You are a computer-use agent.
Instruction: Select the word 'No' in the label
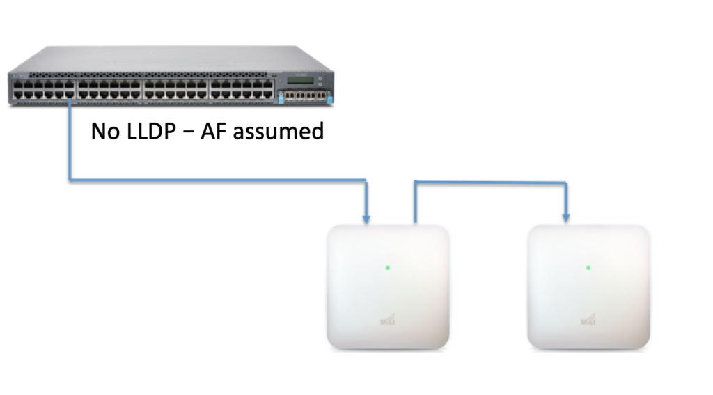click(105, 130)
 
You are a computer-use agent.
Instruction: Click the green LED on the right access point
click(588, 268)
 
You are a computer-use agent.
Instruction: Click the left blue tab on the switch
click(281, 98)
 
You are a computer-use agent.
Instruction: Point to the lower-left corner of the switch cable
click(70, 180)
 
